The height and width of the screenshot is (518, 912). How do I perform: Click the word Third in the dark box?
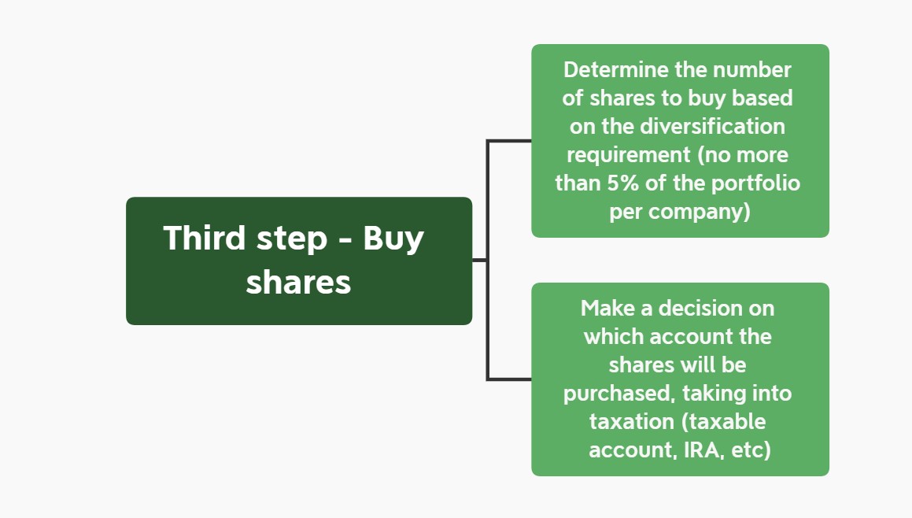[204, 238]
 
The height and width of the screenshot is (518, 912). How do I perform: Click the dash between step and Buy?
[345, 241]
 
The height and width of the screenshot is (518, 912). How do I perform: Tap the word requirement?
[629, 155]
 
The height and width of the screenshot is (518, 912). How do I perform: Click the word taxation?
[632, 421]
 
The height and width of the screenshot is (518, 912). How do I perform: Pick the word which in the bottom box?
[613, 336]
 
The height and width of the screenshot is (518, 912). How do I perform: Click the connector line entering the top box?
[509, 141]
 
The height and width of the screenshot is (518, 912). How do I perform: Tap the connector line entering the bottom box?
[509, 379]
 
